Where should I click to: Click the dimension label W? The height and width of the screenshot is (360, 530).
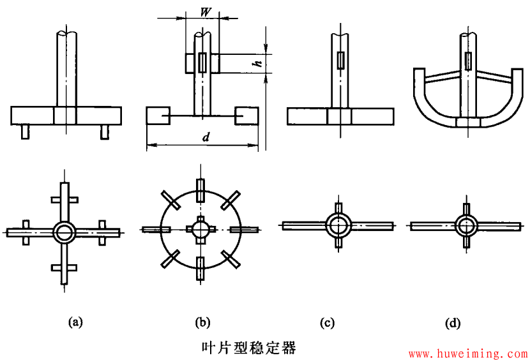pyautogui.click(x=205, y=11)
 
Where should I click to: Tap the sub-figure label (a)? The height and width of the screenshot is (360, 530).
pyautogui.click(x=75, y=322)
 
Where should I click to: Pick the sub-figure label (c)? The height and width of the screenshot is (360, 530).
pyautogui.click(x=327, y=322)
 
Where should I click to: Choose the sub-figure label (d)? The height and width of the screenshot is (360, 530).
pyautogui.click(x=453, y=322)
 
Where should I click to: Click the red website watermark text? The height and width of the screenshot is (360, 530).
pyautogui.click(x=467, y=352)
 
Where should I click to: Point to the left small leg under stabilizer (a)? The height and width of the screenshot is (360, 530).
pyautogui.click(x=26, y=131)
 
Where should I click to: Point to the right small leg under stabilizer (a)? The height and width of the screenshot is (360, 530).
pyautogui.click(x=105, y=131)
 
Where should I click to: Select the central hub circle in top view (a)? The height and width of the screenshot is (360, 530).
pyautogui.click(x=64, y=231)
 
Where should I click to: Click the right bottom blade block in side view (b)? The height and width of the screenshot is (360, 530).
pyautogui.click(x=246, y=116)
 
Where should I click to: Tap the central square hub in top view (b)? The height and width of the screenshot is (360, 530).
pyautogui.click(x=201, y=229)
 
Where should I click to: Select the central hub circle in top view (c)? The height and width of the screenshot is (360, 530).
pyautogui.click(x=338, y=225)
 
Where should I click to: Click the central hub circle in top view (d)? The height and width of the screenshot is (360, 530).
pyautogui.click(x=466, y=225)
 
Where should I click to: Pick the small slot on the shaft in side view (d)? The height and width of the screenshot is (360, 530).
pyautogui.click(x=469, y=61)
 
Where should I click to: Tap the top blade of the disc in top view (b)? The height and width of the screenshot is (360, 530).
pyautogui.click(x=201, y=190)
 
